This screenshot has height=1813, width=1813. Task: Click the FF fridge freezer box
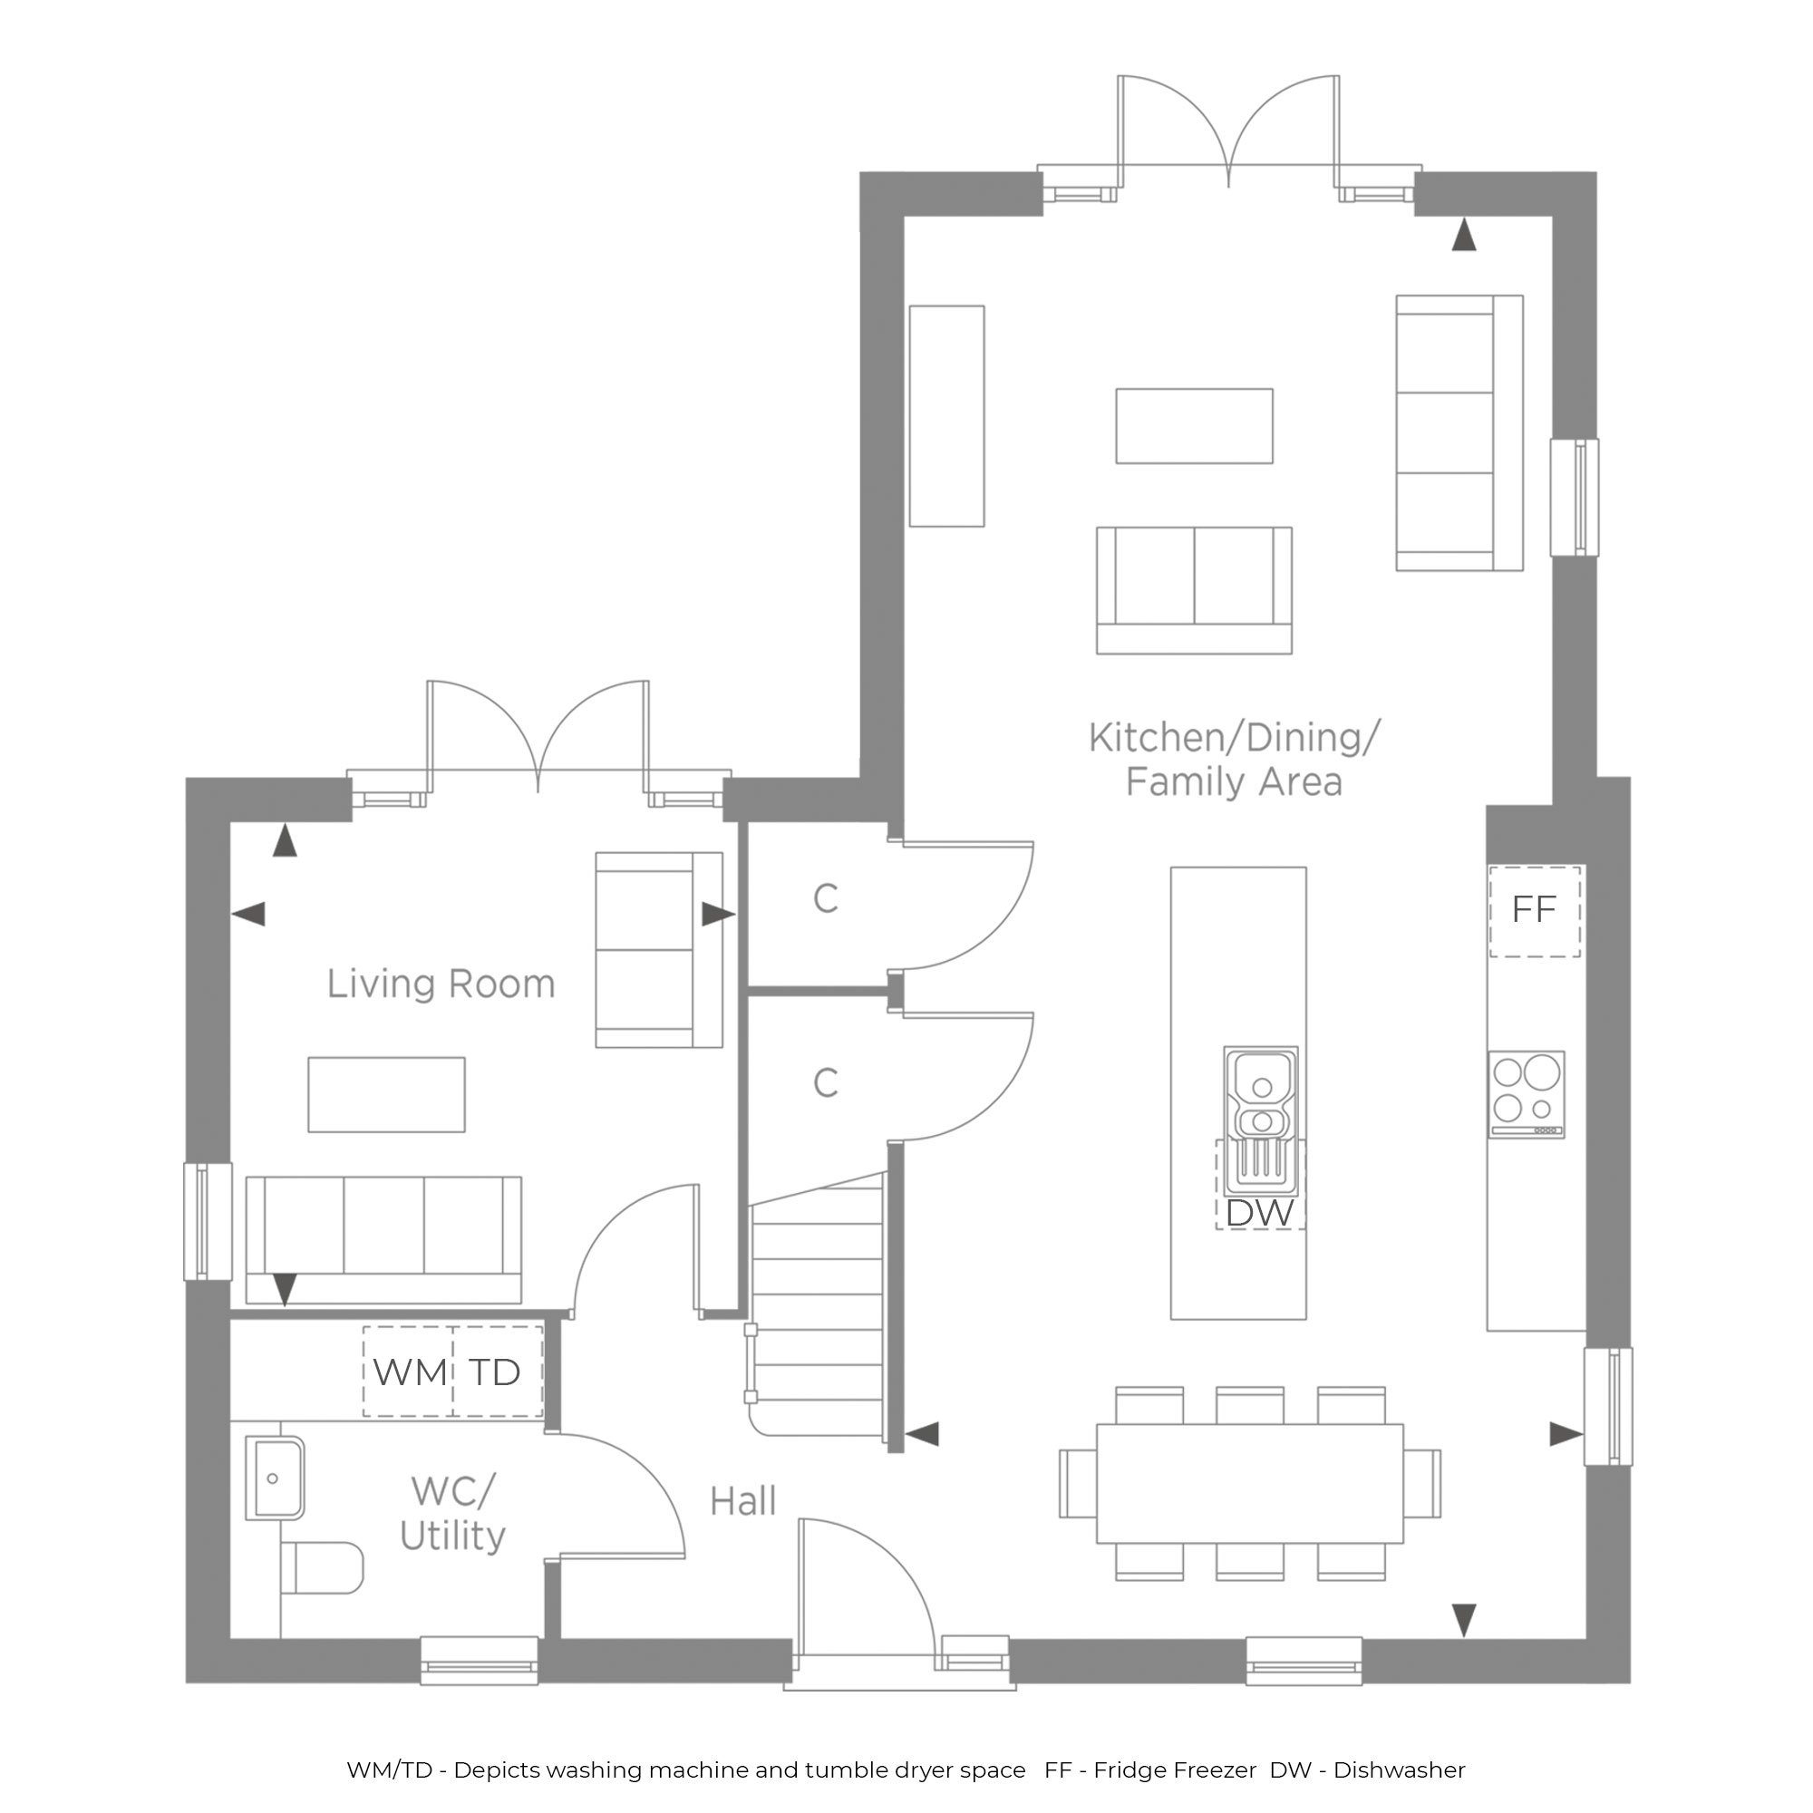pos(1535,911)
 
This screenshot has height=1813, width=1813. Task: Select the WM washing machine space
pos(408,1371)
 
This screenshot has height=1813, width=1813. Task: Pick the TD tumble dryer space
pos(498,1371)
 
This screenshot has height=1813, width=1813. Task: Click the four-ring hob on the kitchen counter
pos(1527,1094)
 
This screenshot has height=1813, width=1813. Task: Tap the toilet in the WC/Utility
pos(322,1567)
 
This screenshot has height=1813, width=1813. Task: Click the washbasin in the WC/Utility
pos(275,1478)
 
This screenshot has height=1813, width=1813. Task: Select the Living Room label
pos(441,984)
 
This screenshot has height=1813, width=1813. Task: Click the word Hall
pos(743,1501)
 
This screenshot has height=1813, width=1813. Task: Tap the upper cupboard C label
pos(826,899)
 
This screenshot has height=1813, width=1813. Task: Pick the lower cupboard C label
pos(826,1083)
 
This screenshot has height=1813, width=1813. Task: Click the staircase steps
pos(818,1304)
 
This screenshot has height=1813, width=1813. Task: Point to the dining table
pos(1250,1484)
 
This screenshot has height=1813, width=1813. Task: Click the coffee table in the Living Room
pos(387,1094)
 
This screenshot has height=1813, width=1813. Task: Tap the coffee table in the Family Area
pos(1195,426)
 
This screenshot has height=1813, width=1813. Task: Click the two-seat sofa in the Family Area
pos(1195,590)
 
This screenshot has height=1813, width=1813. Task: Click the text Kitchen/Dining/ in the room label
pos(1235,738)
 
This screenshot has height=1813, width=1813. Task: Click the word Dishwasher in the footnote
pos(1399,1770)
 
